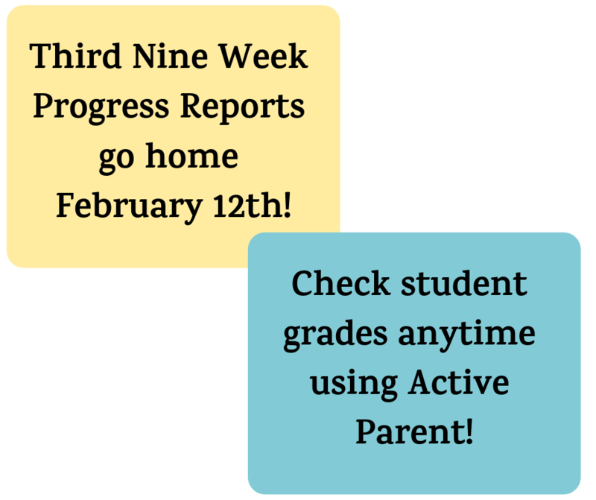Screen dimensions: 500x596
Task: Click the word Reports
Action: [x=245, y=108]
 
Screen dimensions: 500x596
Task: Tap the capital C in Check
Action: [x=302, y=284]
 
